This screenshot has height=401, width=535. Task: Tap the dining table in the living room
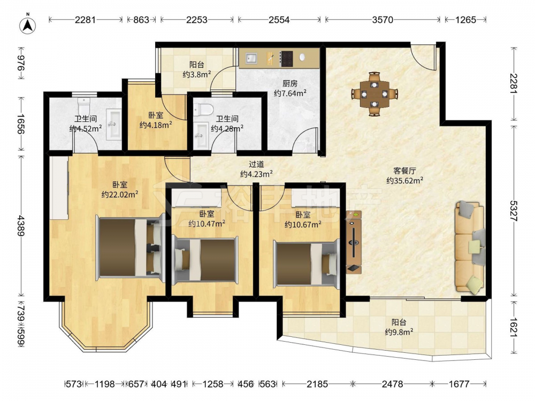[x=374, y=94]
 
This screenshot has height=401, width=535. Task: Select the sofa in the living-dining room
[x=470, y=247]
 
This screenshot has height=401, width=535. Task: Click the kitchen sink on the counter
[x=251, y=58]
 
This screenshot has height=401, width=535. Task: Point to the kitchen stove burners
[x=287, y=58]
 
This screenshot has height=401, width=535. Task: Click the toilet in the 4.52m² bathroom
[x=83, y=106]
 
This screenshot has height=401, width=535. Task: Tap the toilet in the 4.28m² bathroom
[x=203, y=109]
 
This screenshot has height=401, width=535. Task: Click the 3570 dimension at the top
[x=383, y=20]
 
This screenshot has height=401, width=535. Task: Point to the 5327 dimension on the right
[x=513, y=211]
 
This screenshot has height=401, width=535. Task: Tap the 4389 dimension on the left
[x=21, y=226]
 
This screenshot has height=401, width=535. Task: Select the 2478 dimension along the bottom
[x=392, y=384]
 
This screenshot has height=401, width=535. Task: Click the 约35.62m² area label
[x=405, y=180]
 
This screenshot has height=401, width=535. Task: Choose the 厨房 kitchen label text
[x=290, y=83]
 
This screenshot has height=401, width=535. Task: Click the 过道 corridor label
[x=256, y=165]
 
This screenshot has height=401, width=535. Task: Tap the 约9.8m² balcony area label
[x=399, y=332]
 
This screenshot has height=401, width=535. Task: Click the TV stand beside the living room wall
[x=354, y=242]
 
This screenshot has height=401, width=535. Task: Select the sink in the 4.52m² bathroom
[x=113, y=124]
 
